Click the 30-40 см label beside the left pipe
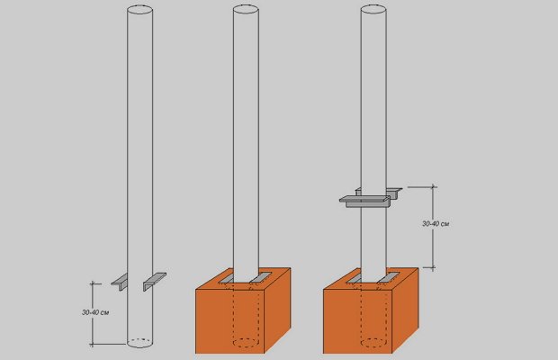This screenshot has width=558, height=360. click(x=95, y=312)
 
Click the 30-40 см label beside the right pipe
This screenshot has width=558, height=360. click(x=436, y=224)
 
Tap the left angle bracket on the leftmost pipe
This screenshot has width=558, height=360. click(x=120, y=283)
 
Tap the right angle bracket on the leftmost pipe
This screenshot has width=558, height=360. click(x=155, y=281)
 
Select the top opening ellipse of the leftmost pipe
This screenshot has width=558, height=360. click(x=139, y=10)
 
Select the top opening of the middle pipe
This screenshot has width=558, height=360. click(x=246, y=10)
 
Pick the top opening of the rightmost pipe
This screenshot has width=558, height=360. click(x=373, y=10)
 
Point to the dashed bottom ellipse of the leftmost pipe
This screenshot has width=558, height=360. click(x=139, y=343)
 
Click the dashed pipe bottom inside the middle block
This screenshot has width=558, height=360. click(x=246, y=343)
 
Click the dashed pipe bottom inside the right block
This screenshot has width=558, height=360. click(x=373, y=343)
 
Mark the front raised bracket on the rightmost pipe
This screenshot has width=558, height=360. click(x=365, y=202)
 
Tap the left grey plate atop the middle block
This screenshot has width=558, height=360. click(x=226, y=278)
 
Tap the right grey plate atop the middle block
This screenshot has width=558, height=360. click(x=260, y=278)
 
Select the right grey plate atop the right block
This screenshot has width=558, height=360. click(x=388, y=278)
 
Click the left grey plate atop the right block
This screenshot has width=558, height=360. click(x=354, y=278)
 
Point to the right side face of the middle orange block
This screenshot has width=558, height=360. click(x=277, y=310)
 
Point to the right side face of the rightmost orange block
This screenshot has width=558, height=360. click(x=405, y=310)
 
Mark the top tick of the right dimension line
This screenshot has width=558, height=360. click(x=433, y=187)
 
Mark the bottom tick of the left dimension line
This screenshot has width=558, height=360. click(x=93, y=345)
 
